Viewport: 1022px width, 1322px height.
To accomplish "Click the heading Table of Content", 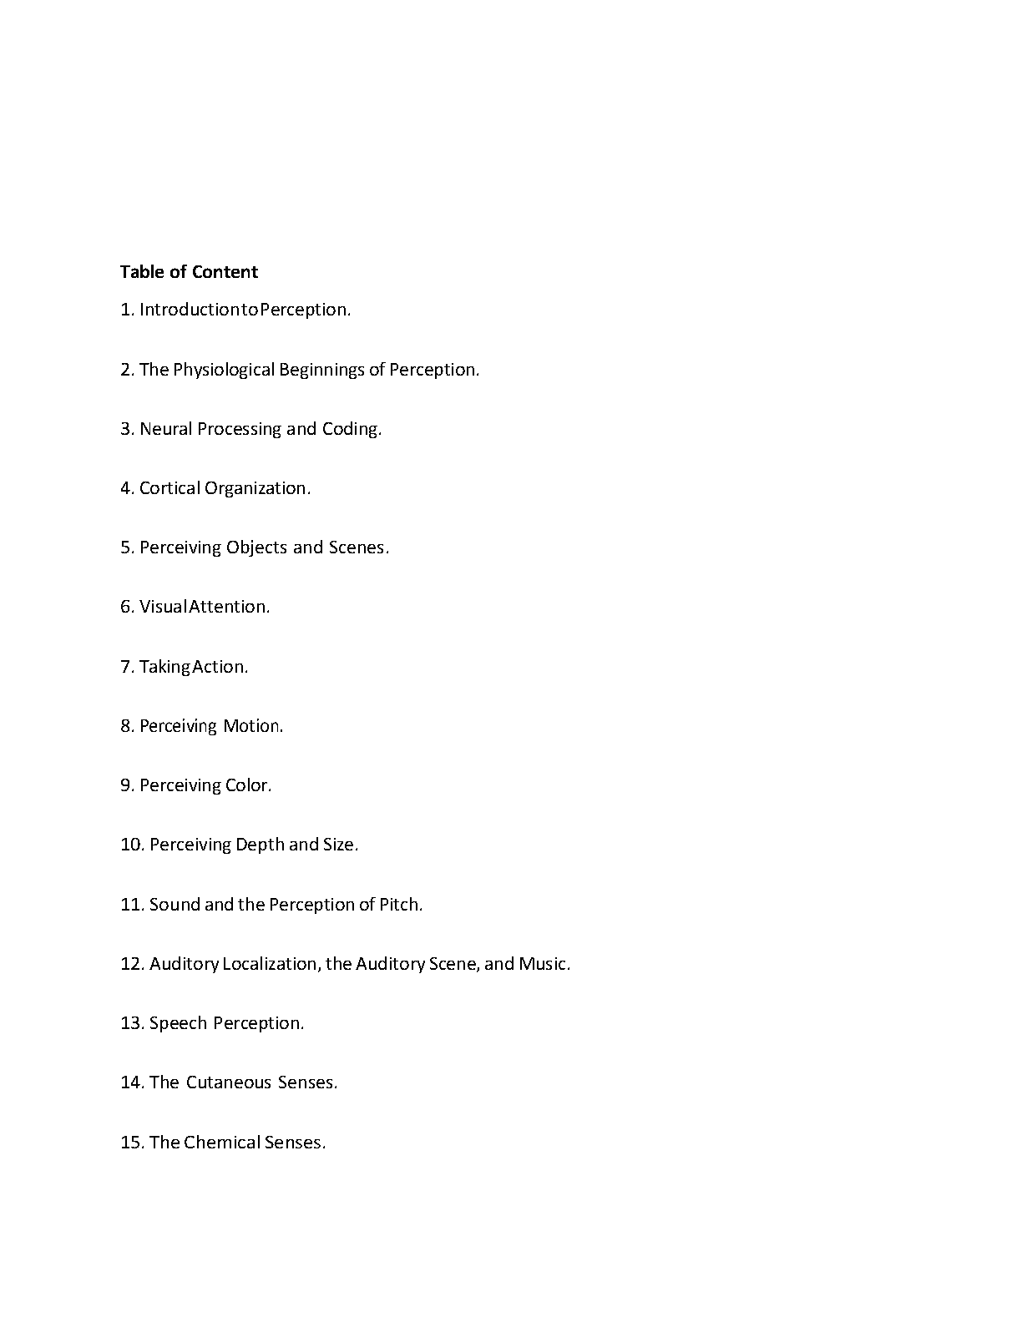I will coord(189,272).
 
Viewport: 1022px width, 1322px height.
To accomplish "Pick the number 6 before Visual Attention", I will coord(126,607).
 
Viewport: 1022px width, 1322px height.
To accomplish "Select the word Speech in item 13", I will coord(178,1023).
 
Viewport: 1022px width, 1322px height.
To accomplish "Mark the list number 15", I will coord(131,1143).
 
